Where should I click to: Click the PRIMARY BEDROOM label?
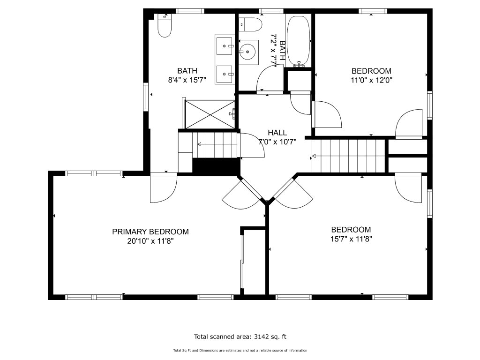click(x=150, y=232)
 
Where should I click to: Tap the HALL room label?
click(x=277, y=133)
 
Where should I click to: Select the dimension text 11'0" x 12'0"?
click(x=372, y=80)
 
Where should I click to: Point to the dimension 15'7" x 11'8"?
click(x=351, y=239)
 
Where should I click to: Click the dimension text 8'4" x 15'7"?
click(x=187, y=80)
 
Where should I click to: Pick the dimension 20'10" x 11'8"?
click(x=150, y=241)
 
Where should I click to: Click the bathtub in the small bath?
click(x=299, y=41)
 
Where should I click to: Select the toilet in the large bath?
click(x=165, y=26)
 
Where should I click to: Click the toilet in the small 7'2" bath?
click(x=250, y=24)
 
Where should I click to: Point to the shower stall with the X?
click(x=210, y=114)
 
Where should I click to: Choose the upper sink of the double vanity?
click(x=225, y=46)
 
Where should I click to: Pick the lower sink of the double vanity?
click(x=225, y=74)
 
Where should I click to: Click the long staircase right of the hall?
click(x=348, y=156)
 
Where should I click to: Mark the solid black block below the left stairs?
click(x=216, y=167)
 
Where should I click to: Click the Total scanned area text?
click(x=240, y=337)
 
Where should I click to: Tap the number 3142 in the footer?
click(x=261, y=337)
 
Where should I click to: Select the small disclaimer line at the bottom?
click(x=240, y=351)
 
